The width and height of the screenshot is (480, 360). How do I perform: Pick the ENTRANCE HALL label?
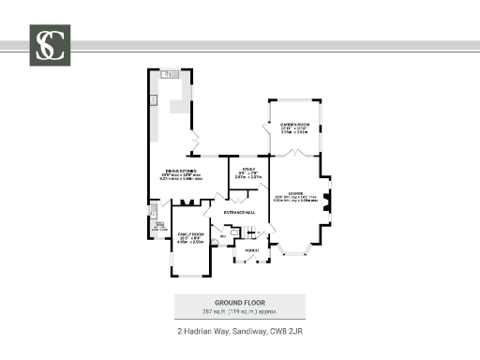coord(239,214)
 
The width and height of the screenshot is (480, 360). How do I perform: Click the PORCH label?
coord(251,250)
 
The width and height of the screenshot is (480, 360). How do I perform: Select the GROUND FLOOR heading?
coord(239,302)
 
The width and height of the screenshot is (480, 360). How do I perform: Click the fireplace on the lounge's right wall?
coord(326,200)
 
